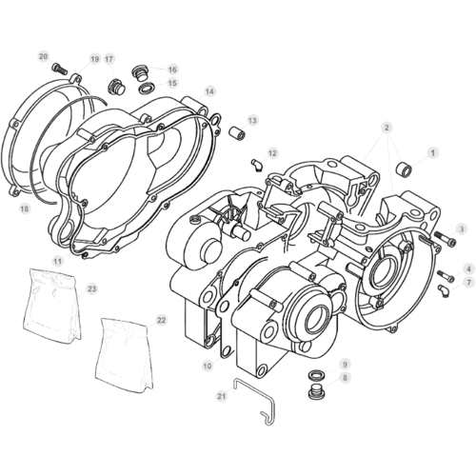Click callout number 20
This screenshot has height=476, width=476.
point(44,56)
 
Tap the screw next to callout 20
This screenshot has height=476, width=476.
point(59,69)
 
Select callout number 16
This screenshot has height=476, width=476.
point(172,69)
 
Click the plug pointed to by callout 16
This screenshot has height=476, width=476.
point(139,73)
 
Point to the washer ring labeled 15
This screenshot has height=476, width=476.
point(147,88)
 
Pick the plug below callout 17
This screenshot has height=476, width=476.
point(117,87)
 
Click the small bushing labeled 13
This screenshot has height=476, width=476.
point(238,132)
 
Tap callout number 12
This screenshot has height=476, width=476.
point(272,153)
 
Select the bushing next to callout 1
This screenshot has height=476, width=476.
point(405,168)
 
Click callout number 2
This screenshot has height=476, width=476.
point(387,128)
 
